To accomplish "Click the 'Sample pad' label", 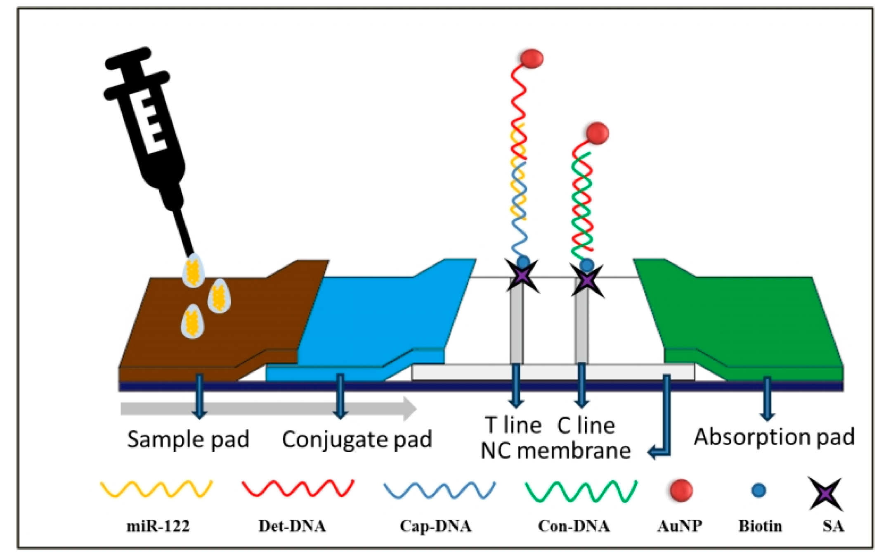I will coord(188,439).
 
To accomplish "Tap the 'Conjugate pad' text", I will coord(357,439).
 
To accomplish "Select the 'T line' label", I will coord(513,425).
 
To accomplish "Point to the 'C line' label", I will coord(586,425).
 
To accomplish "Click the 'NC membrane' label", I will coord(555,451).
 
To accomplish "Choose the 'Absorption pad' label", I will coord(774,437).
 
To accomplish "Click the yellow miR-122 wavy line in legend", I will coord(157,489).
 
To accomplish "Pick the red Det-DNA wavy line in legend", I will coord(298,488).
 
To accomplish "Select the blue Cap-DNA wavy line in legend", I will coord(439,490).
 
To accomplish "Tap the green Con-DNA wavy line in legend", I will coord(581,491).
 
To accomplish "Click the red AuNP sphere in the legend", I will coord(681,490).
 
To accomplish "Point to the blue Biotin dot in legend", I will coord(759,491).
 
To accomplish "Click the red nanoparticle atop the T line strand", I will coord(532,58).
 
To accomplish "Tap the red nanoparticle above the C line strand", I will coord(597,133).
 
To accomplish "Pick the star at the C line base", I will coord(587,280).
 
